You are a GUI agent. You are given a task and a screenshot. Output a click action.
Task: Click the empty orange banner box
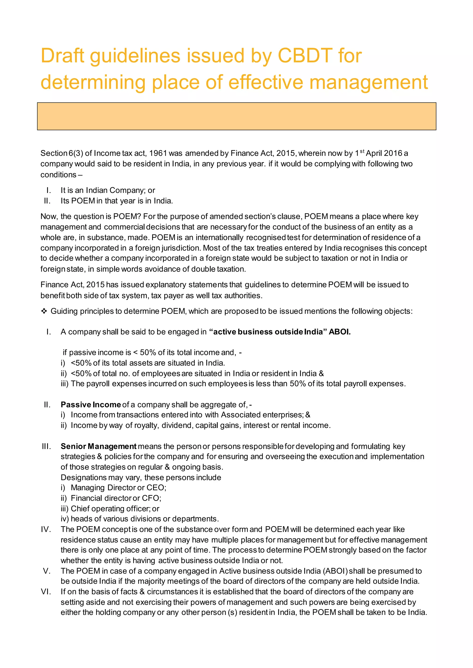click(236, 116)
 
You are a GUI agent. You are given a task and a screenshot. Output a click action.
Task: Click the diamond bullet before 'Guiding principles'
click(44, 311)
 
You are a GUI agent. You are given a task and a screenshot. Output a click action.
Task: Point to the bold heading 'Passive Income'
click(91, 405)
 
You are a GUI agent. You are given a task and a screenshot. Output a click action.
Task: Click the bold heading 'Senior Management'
click(98, 446)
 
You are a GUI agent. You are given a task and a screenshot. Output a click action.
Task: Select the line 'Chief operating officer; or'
click(115, 509)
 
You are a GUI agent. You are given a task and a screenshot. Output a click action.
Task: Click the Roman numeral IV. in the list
click(46, 529)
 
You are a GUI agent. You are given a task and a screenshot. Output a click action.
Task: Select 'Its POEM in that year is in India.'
click(116, 201)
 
